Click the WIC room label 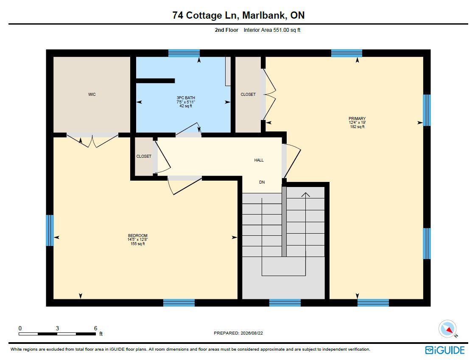point(92,95)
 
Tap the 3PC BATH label point(186,98)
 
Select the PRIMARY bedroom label point(357,119)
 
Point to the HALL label point(259,160)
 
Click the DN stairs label point(262,182)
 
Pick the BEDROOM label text point(137,236)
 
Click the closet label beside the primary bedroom point(248,95)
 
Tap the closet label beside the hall point(144,156)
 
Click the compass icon point(448,329)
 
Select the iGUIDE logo point(445,350)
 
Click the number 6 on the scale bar point(95,328)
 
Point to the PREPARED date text point(238,333)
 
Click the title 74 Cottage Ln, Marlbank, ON point(238,15)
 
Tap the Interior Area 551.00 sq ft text point(272,30)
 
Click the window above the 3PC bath point(184,53)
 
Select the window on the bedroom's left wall point(50,230)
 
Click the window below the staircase point(285,303)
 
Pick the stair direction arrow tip point(306,193)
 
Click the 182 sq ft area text point(357,127)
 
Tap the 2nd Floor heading point(226,30)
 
